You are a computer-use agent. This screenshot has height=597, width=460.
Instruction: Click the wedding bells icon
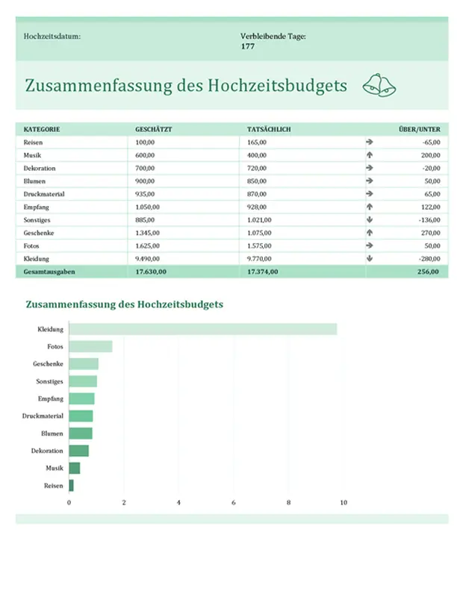point(379,86)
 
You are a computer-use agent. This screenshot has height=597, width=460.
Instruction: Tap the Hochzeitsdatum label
point(52,36)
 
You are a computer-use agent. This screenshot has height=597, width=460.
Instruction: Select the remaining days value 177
point(248,46)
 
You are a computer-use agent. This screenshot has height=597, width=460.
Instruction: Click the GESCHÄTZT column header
point(153,129)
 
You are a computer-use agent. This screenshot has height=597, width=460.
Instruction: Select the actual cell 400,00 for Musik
point(258,154)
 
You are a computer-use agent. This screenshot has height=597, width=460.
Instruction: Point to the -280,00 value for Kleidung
point(429,259)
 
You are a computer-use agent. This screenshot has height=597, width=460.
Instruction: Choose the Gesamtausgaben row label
point(49,272)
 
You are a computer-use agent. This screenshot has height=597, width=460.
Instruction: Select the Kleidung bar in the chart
point(202,329)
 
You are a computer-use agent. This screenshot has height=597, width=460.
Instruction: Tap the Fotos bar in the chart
point(90,346)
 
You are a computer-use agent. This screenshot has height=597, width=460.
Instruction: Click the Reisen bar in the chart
point(71,485)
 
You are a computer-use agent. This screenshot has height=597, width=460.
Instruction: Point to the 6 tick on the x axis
point(234,503)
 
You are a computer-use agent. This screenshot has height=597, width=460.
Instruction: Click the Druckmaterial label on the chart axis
point(43,416)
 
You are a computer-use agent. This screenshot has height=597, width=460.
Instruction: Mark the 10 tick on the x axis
point(344,503)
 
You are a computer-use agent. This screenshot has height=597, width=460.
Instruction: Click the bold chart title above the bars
point(125,304)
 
